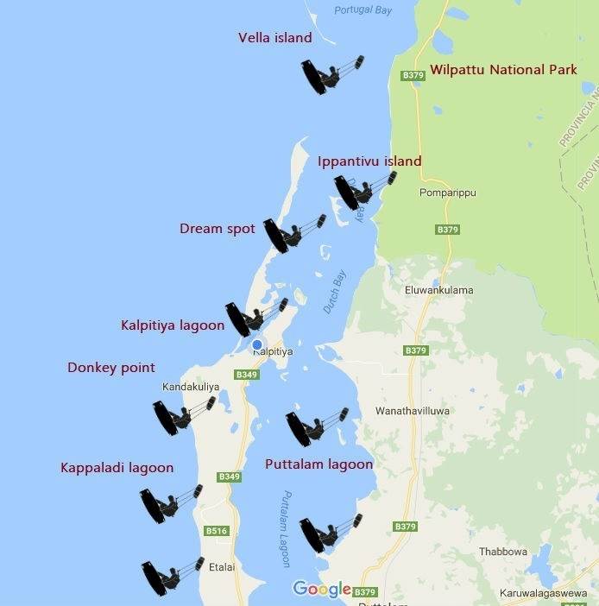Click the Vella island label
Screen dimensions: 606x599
(x=274, y=38)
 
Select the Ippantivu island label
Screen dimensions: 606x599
(x=369, y=161)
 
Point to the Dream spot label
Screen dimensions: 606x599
(x=218, y=229)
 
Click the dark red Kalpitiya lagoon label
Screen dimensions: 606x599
(x=173, y=325)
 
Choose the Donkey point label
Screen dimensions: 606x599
(x=111, y=368)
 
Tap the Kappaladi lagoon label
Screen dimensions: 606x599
(x=117, y=468)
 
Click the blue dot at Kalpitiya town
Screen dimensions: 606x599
(x=256, y=345)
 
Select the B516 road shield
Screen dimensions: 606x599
(x=216, y=531)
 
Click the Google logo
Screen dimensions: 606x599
(x=321, y=589)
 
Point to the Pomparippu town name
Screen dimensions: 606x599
(x=447, y=193)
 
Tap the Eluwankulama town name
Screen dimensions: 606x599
(x=438, y=290)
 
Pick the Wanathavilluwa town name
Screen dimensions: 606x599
(x=413, y=412)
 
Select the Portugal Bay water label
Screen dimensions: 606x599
(x=363, y=9)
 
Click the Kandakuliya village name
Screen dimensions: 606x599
(x=191, y=388)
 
